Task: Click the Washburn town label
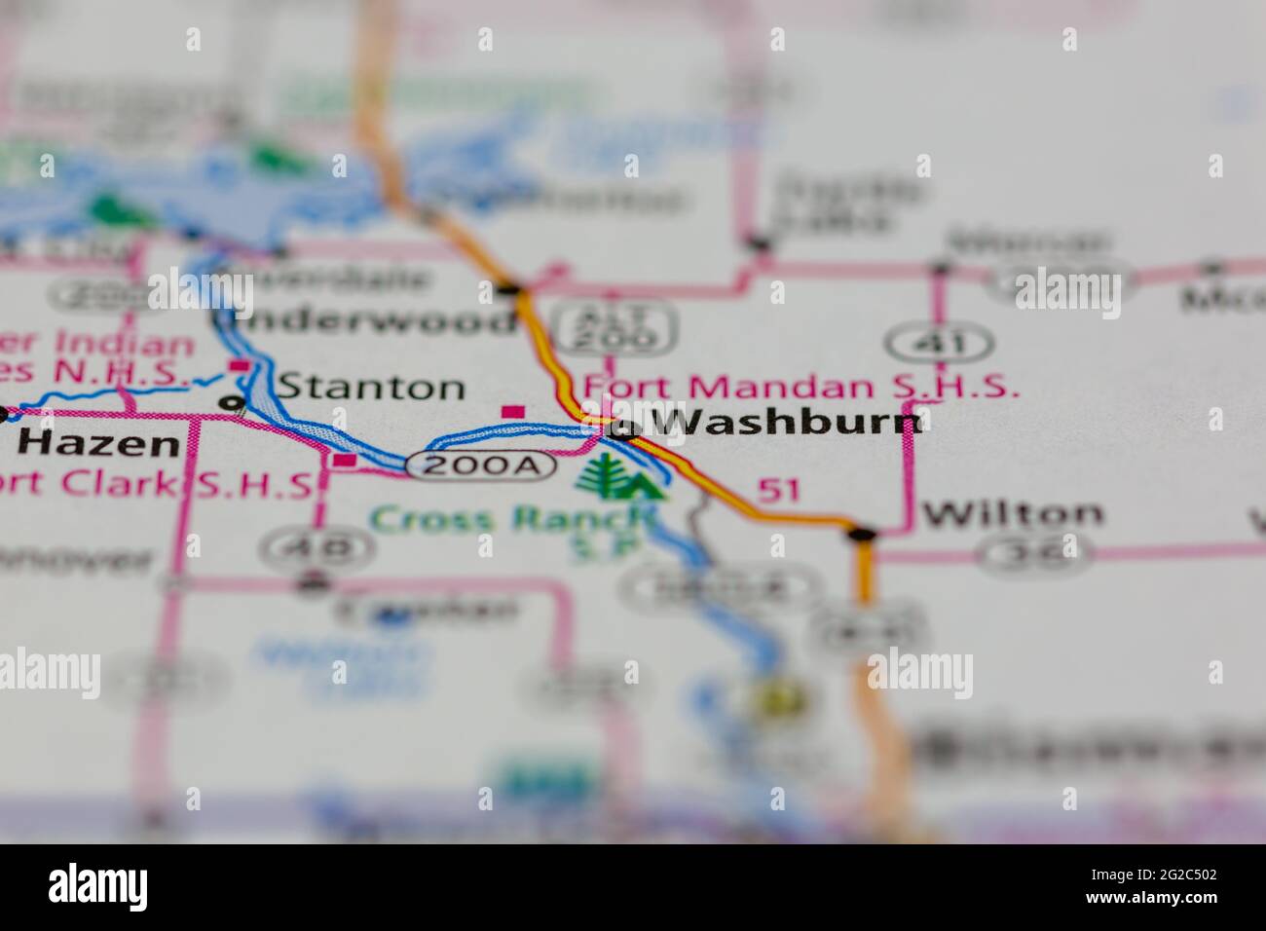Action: click(784, 423)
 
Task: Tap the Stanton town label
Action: click(371, 388)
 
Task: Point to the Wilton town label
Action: click(1013, 513)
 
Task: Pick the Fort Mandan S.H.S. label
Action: click(801, 387)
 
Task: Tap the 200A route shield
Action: click(481, 465)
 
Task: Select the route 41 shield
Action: click(940, 343)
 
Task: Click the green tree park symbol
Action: click(623, 477)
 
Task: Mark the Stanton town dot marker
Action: click(232, 402)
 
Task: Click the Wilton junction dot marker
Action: click(862, 533)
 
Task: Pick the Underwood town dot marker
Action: click(509, 288)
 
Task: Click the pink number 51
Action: click(779, 490)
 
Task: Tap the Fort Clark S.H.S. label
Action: click(156, 484)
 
